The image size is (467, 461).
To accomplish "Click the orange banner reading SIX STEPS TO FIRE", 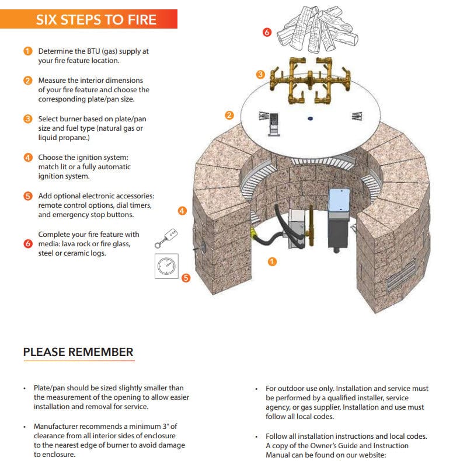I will pos(96,19).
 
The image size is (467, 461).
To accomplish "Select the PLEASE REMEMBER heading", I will pos(78,352).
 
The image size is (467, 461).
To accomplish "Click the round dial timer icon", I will pos(166,267).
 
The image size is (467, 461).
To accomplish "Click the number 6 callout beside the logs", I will pos(267,33).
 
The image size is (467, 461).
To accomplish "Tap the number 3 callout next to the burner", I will pos(260,74).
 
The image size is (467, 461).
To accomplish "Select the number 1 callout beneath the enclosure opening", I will pos(272,261).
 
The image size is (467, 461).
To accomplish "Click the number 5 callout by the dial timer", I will pos(186,278).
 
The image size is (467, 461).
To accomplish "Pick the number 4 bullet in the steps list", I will pos(27,158).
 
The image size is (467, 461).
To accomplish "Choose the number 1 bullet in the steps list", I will pos(27,51).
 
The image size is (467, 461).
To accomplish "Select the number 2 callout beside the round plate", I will pos(229,115).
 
